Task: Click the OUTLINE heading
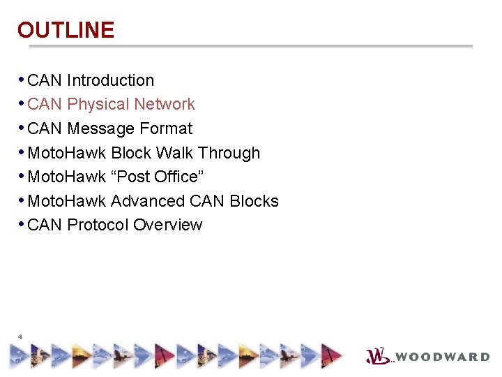(x=66, y=30)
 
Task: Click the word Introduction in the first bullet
(x=110, y=80)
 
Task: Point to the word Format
(x=166, y=128)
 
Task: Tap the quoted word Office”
(x=178, y=177)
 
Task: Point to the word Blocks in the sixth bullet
(x=254, y=201)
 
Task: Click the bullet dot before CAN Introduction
(x=22, y=80)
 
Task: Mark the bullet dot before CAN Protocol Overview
(x=22, y=224)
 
